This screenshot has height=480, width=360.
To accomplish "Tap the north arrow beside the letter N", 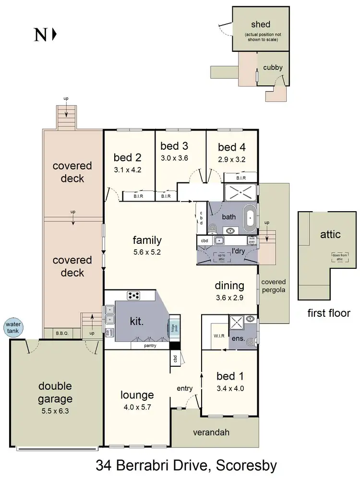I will coord(54,35).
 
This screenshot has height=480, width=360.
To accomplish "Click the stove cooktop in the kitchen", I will coord(133,295).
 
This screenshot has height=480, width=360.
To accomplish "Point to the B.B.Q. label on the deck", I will coord(62,332).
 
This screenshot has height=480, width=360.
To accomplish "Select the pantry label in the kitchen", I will coord(151,345).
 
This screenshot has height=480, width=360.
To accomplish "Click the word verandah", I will coord(211,432).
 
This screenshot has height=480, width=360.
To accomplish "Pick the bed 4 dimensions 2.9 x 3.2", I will coord(232,160).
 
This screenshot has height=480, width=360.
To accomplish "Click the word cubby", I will coord(273,68).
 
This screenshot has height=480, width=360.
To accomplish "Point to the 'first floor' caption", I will coord(329,313).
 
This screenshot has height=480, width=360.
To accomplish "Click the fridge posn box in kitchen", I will coord(173,327).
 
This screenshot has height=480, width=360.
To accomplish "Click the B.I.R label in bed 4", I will coord(240,178).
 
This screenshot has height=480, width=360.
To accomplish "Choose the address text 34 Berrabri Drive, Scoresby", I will coord(186,465).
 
